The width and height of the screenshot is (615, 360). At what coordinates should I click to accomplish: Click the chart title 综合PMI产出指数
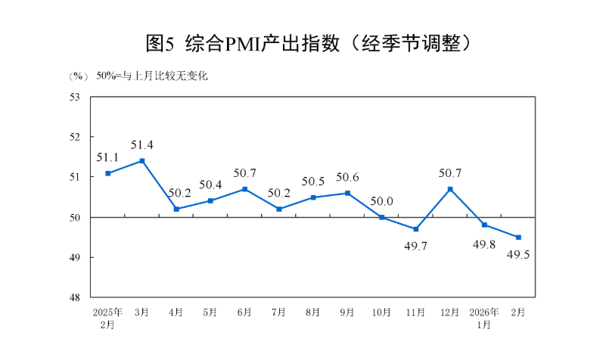point(307,44)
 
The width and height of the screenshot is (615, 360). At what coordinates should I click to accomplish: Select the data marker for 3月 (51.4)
point(142,161)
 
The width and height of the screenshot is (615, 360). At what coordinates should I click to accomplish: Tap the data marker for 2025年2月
point(108,173)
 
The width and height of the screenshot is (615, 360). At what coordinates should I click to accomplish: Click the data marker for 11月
point(416,229)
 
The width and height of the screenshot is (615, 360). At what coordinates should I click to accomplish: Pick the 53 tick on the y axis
point(76,97)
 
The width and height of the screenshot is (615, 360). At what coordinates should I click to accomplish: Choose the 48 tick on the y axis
point(76,297)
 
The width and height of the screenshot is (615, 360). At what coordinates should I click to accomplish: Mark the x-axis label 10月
point(381,312)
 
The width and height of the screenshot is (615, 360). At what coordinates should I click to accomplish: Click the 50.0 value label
point(381,201)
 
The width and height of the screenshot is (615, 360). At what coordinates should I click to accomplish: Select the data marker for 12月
point(450,189)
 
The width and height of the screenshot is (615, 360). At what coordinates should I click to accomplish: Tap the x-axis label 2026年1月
point(484,318)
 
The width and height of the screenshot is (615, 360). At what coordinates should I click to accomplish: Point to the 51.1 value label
point(107,157)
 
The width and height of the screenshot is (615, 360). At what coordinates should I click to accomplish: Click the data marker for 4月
point(176,209)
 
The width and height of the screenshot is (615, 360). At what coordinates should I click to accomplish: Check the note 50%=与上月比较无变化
point(151,76)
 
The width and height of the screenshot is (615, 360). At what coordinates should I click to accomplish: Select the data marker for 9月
point(347,193)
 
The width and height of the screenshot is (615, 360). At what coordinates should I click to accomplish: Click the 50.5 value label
point(312,181)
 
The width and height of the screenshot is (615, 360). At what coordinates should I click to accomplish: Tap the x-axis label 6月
point(244,312)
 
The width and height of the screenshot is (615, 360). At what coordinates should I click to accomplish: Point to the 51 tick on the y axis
point(76,177)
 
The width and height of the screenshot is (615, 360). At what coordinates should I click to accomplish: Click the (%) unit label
point(79,76)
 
